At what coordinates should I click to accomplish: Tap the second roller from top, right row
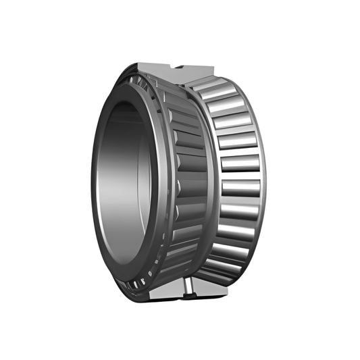click(226, 104)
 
